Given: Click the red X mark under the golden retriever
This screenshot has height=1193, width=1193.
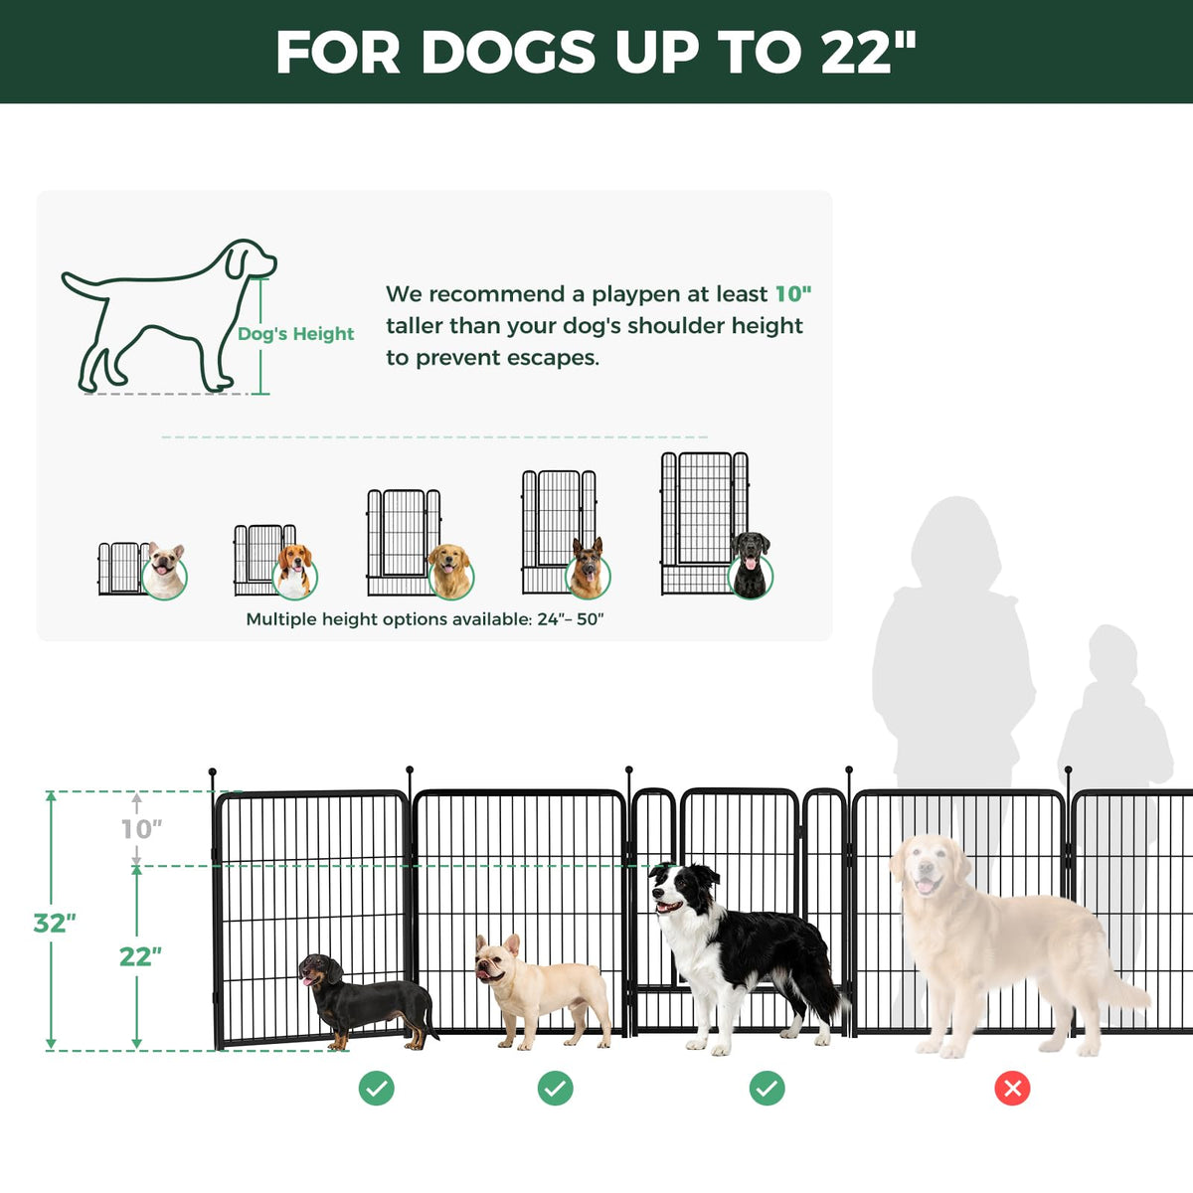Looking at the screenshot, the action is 1012,1089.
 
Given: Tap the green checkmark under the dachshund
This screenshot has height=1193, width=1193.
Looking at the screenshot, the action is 377,1089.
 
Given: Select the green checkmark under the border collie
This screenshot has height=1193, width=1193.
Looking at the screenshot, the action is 767,1089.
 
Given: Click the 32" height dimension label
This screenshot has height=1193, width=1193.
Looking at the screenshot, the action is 55,923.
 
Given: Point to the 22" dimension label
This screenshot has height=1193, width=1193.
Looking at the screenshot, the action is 140,956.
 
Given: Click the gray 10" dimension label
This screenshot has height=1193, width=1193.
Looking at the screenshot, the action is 141,829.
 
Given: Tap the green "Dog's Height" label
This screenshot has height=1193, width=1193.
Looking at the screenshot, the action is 296,334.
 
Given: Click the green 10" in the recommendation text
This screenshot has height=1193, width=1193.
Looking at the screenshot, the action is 793,293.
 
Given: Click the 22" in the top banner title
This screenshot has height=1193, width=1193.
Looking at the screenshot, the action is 868,52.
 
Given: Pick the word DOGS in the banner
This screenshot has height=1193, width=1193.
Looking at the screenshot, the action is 508,52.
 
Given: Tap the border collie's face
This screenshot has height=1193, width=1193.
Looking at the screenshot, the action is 671,890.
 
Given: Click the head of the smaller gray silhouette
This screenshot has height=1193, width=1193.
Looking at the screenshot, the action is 1112,653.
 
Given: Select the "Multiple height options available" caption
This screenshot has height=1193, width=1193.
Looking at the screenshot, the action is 425,619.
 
